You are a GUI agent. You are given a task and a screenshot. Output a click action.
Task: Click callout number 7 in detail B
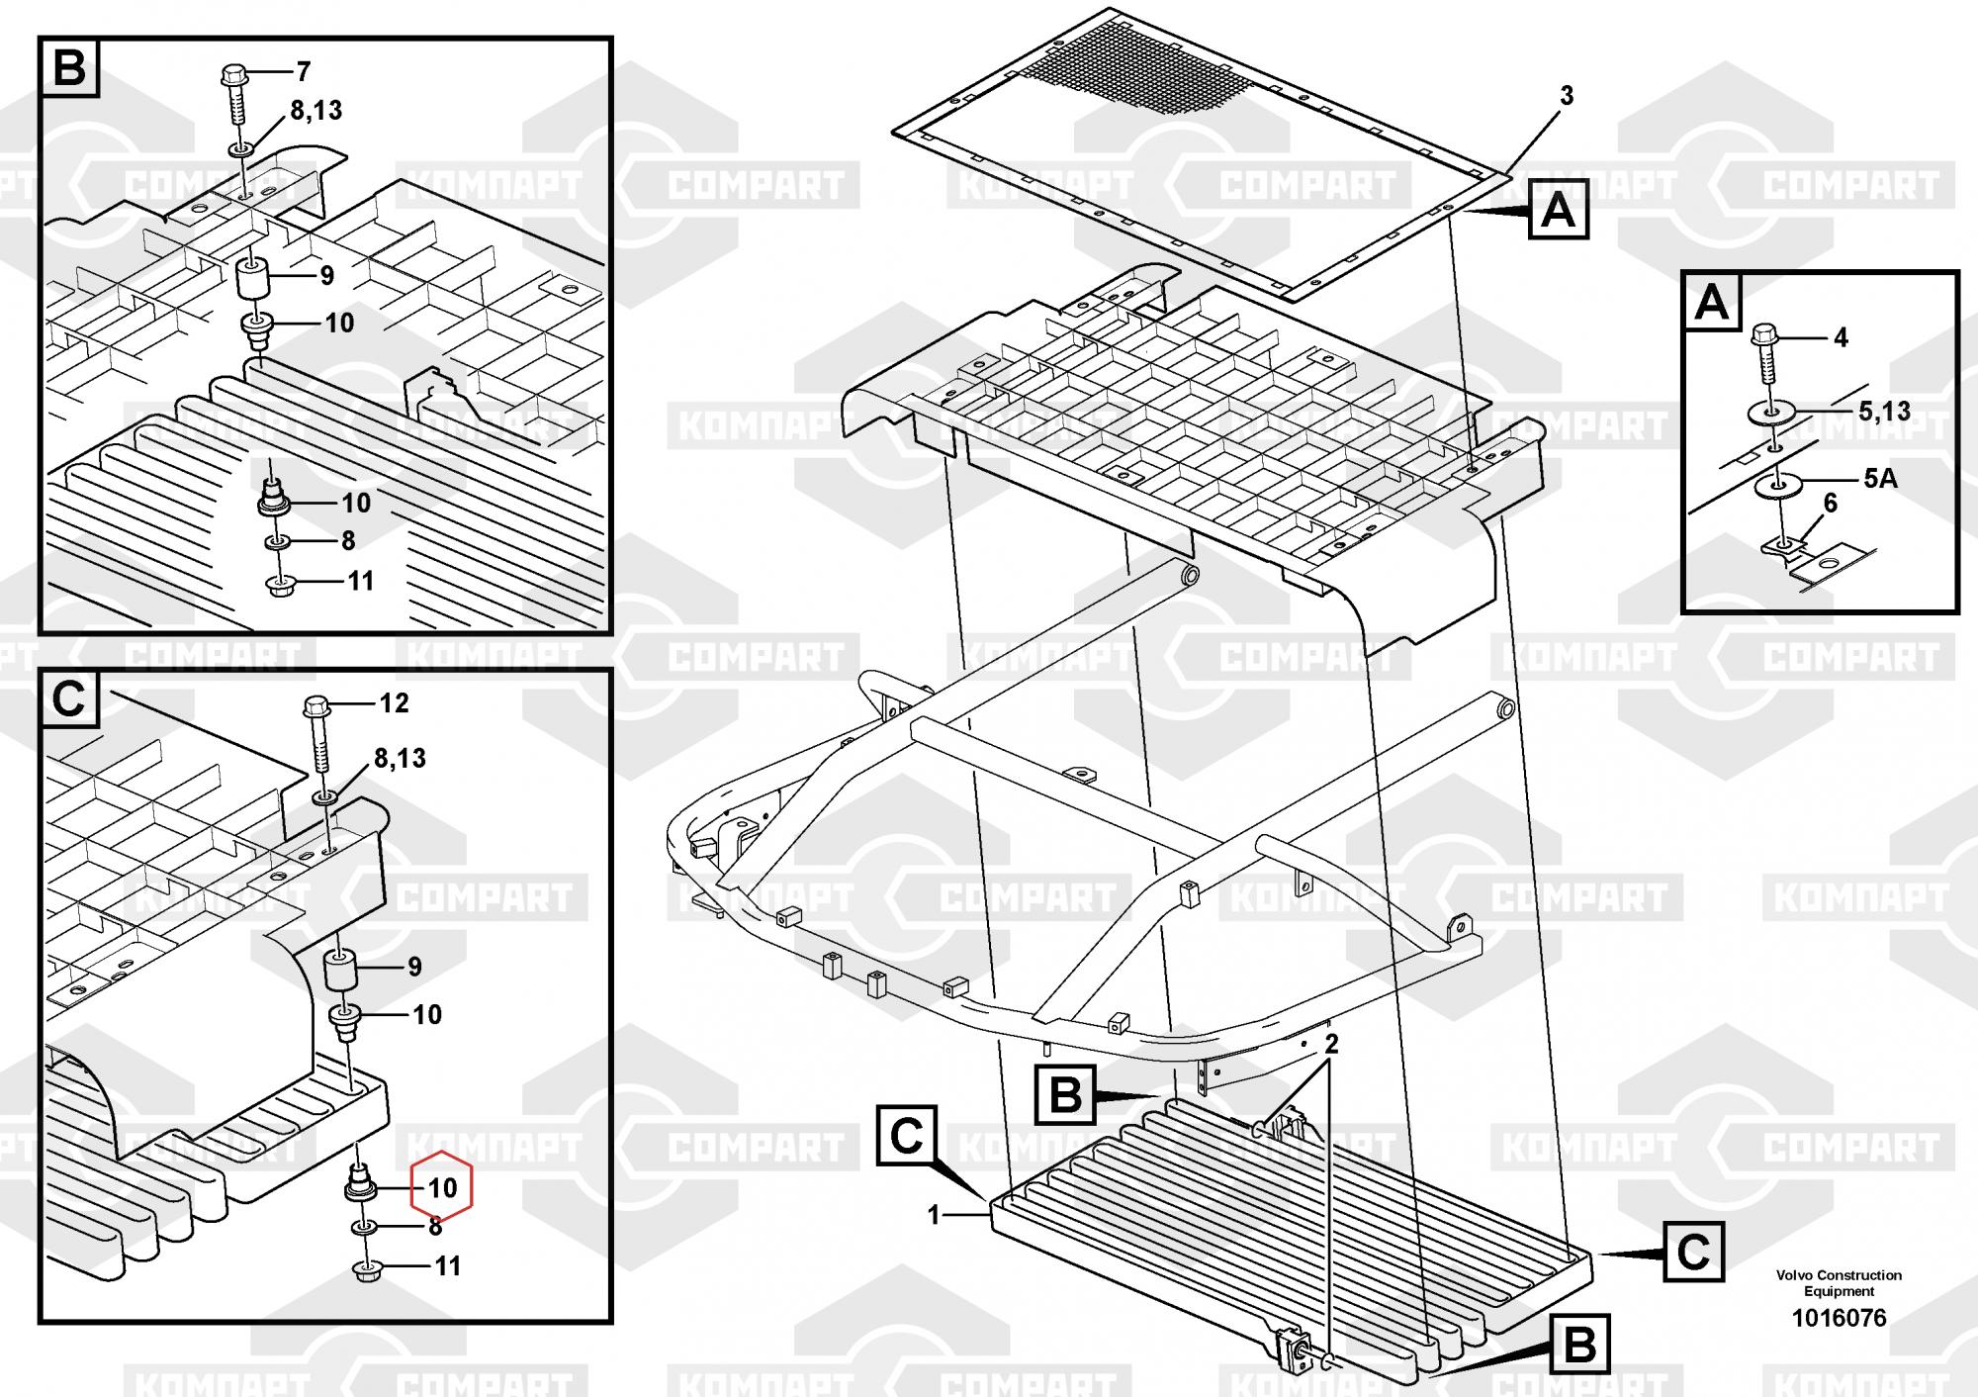pyautogui.click(x=304, y=71)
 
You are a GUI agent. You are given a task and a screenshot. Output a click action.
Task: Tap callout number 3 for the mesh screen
pyautogui.click(x=1567, y=96)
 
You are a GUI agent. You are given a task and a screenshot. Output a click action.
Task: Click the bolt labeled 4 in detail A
pyautogui.click(x=1767, y=354)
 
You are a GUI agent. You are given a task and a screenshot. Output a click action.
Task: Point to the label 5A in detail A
pyautogui.click(x=1880, y=479)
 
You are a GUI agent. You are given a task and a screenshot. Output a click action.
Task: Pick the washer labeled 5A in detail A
pyautogui.click(x=1779, y=485)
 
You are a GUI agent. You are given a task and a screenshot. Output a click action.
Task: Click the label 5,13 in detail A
pyautogui.click(x=1884, y=412)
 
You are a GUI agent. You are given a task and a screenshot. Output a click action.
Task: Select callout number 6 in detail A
pyautogui.click(x=1830, y=504)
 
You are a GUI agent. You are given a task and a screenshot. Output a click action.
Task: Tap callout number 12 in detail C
pyautogui.click(x=394, y=703)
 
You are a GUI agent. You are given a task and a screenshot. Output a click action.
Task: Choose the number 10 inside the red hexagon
pyautogui.click(x=442, y=1187)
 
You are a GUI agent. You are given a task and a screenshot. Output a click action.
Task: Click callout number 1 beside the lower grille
pyautogui.click(x=934, y=1215)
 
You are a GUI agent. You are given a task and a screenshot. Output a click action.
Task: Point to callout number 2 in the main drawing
pyautogui.click(x=1332, y=1044)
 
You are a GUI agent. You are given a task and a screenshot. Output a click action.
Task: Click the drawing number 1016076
pyautogui.click(x=1839, y=1318)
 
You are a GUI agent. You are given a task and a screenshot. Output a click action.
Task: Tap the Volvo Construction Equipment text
pyautogui.click(x=1839, y=1283)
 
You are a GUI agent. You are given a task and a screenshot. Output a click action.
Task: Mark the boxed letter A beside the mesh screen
pyautogui.click(x=1559, y=210)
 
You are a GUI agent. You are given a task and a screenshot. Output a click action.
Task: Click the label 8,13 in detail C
pyautogui.click(x=400, y=759)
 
